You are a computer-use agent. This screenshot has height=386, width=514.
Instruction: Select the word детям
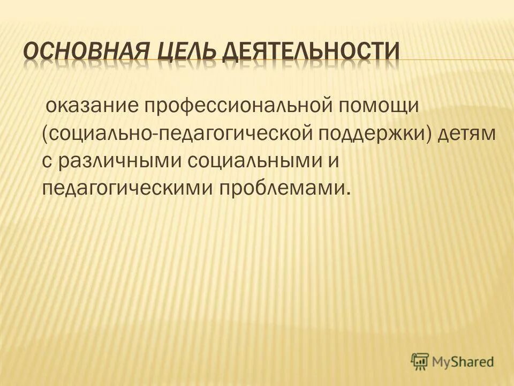pyautogui.click(x=467, y=133)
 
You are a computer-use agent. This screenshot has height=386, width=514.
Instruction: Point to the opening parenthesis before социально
pyautogui.click(x=45, y=133)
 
